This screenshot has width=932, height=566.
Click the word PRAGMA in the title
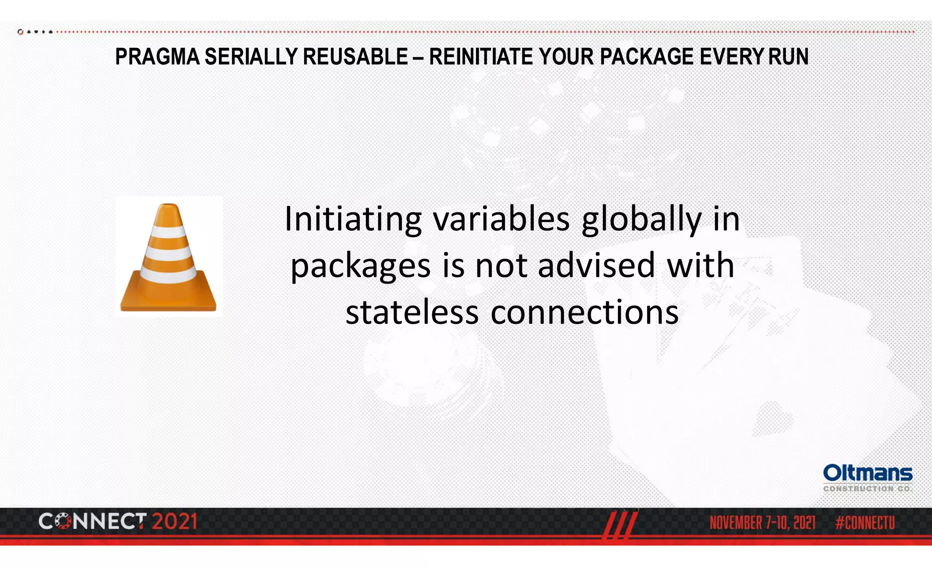pos(157,57)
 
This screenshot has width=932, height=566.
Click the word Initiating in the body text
pos(353,219)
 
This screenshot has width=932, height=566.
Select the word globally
pos(641,219)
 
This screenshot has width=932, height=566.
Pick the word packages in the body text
pos(360,266)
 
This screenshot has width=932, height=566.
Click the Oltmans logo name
pos(867,474)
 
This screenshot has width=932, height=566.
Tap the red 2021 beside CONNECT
pos(174,522)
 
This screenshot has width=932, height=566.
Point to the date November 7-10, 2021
pos(762,523)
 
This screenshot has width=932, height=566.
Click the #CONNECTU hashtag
pos(865,523)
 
